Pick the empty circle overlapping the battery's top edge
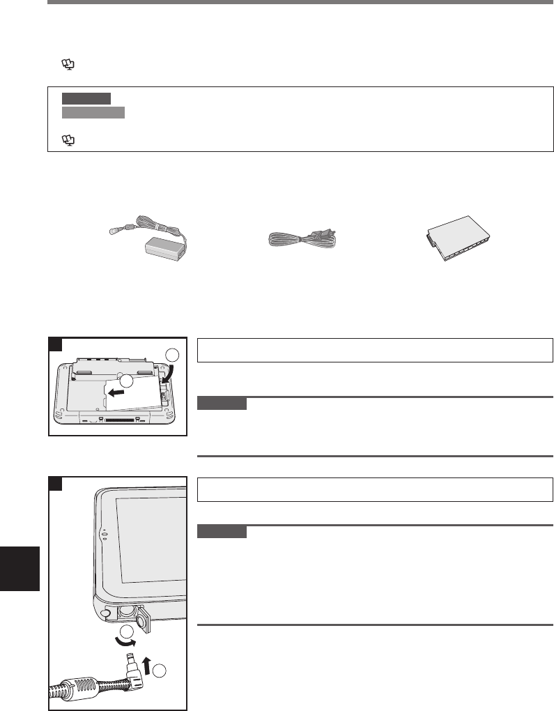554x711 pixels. pos(126,382)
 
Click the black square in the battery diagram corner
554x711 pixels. pos(55,344)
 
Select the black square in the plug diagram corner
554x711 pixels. pos(55,483)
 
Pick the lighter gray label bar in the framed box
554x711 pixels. pos(93,113)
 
